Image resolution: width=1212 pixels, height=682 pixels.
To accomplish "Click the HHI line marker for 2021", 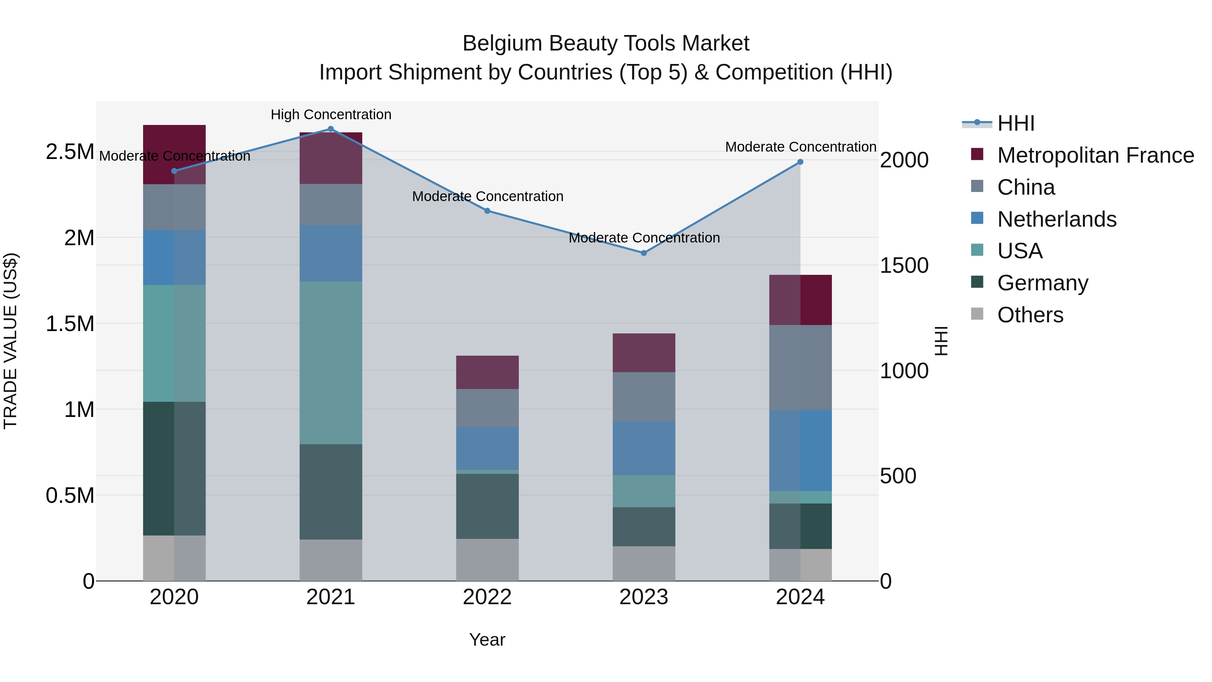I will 330,129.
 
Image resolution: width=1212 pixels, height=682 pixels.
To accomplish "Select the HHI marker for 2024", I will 800,162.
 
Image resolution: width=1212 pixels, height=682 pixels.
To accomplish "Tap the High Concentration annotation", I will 331,115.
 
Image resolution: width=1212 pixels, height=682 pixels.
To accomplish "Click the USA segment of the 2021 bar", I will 331,362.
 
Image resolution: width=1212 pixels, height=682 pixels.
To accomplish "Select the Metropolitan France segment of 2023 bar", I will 644,353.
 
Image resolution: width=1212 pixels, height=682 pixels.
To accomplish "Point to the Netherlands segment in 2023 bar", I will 644,448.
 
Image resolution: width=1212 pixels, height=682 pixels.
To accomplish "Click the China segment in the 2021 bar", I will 331,204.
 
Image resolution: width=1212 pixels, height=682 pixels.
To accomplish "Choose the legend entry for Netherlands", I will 1056,219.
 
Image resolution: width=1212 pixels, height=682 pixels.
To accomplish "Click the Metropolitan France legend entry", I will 1095,155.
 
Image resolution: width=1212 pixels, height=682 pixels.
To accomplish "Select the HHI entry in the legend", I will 1015,123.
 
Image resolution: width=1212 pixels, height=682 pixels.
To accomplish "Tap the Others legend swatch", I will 977,314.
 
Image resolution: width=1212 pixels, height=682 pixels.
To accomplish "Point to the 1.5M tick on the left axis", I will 70,324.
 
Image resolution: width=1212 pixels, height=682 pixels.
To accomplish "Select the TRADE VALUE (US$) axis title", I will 10,341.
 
